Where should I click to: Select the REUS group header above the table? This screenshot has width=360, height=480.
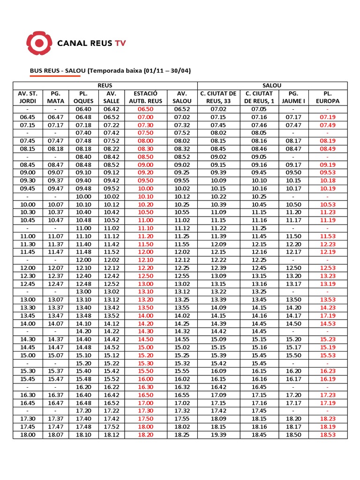point(105,85)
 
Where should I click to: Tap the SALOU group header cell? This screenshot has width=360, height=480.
point(272,85)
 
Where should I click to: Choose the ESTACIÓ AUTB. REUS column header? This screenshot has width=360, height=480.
point(145,97)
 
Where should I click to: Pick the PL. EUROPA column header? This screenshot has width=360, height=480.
point(328,97)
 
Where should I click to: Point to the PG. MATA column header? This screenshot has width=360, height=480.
point(56,97)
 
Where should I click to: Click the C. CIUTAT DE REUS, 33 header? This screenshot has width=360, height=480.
point(218,97)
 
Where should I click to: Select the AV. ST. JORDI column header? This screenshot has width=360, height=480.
point(28,97)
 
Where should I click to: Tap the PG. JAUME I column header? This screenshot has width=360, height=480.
point(293,97)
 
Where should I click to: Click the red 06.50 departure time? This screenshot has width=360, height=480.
point(145,109)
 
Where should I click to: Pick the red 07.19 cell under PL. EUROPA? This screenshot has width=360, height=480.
point(328,117)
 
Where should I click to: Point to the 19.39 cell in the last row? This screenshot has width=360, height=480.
point(218,435)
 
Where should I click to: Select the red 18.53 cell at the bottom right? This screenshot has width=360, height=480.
point(328,435)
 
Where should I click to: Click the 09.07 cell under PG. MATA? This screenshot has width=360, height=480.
point(56,172)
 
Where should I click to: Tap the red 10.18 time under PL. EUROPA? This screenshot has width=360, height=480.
point(328,180)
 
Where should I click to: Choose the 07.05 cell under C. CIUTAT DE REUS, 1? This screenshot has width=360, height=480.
point(259,109)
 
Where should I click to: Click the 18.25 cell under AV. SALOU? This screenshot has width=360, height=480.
point(182,435)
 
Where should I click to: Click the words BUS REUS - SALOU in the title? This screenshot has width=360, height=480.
point(58,71)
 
